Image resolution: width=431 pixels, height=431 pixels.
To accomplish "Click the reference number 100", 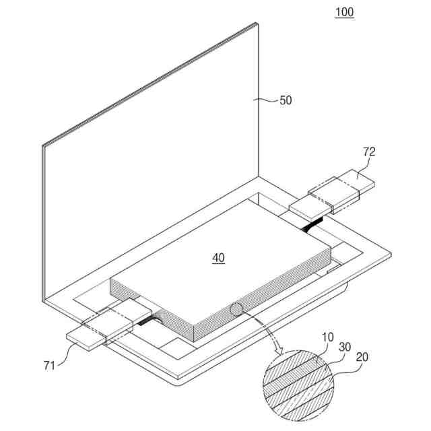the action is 344,12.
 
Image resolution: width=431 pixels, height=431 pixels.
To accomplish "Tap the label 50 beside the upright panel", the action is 286,100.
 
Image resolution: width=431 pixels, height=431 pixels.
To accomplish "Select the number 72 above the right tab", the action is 368,153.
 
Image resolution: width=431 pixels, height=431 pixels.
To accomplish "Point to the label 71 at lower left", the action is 48,366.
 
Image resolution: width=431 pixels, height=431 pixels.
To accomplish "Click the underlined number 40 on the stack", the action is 218,257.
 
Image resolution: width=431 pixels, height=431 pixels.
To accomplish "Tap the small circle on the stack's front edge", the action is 236,310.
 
